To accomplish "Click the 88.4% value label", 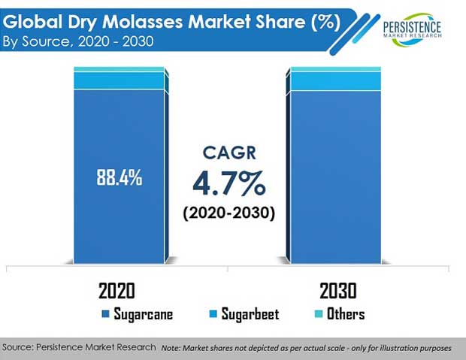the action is pos(120,178).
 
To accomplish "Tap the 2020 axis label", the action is pos(116,291).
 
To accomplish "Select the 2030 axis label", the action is pos(338,291).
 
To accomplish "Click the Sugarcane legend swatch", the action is pos(105,314).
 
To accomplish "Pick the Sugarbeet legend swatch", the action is pos(213,314).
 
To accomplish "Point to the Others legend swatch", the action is pos(319,314).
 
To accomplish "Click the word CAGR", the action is pos(229,153).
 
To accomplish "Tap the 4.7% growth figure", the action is pos(228,183).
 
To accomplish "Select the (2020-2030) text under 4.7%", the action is pos(228,213).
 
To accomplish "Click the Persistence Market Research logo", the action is pos(412,29).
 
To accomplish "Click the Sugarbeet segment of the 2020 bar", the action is pos(120,80).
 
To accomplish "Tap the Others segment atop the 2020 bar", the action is pos(120,69).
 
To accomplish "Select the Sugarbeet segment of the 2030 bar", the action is pos(335,81).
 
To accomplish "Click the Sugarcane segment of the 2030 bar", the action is pos(335,177).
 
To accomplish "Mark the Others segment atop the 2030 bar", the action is pos(335,69).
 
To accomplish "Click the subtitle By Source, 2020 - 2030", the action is pos(78,41).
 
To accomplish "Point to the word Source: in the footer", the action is pos(18,347).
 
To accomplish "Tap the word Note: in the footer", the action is pos(171,348).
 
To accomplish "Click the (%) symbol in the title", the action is pos(325,22).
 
